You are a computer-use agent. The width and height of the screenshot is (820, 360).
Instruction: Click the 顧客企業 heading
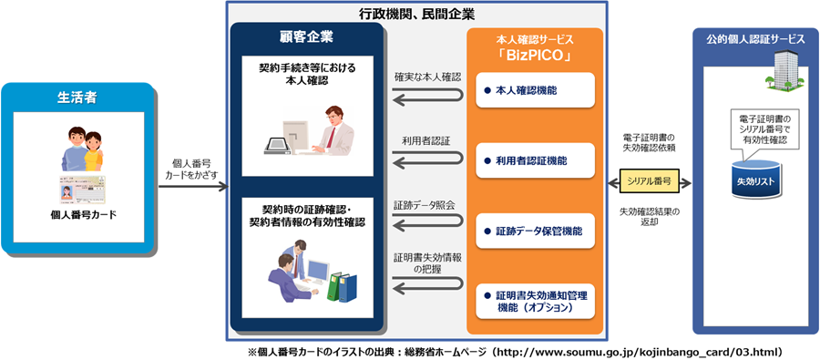305,37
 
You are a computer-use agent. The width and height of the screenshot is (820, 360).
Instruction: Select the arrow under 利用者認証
426,161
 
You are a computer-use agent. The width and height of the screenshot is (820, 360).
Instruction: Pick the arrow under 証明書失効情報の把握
426,294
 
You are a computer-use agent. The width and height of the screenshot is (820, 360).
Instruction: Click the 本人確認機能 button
535,90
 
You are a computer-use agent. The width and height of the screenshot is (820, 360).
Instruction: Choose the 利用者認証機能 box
535,160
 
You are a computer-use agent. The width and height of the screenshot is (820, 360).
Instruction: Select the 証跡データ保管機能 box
535,231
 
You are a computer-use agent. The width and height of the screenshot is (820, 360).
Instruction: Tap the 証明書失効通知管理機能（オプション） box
535,301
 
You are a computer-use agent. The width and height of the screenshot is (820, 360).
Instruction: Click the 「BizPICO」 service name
535,57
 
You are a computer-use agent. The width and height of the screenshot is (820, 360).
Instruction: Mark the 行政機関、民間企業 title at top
416,14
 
